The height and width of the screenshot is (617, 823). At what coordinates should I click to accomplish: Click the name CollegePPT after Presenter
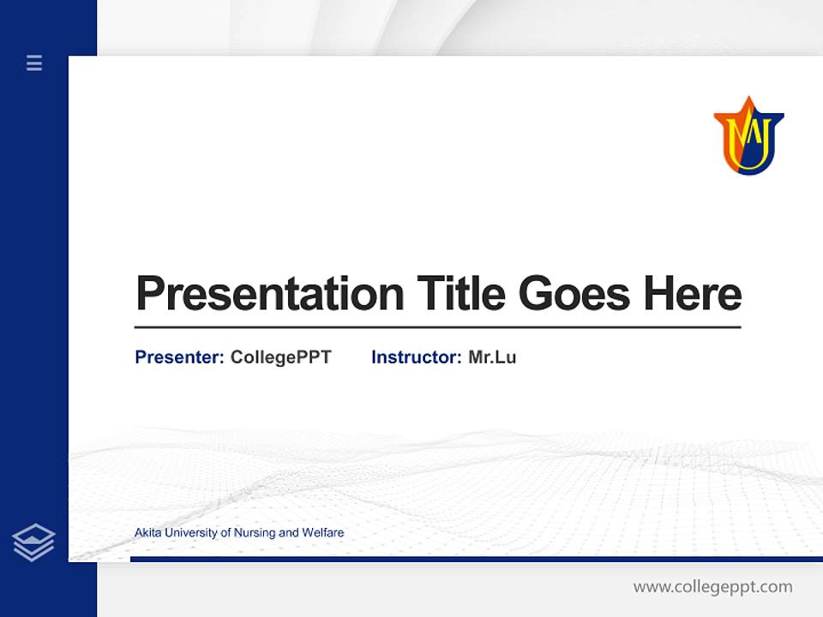coord(280,357)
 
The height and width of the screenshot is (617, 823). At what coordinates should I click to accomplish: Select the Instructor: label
coord(416,357)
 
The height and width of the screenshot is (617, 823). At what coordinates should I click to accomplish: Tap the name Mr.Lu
coord(492,357)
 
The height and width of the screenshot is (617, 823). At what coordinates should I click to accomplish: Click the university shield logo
coord(748,137)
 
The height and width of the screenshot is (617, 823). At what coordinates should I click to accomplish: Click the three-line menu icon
coord(34,63)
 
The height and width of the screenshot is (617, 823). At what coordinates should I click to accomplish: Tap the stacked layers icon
coord(33,542)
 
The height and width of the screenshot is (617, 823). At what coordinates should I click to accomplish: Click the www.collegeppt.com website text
coord(712,587)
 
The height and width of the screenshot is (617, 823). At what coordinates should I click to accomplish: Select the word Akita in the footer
coord(147,533)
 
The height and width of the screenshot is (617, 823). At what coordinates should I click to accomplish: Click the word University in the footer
coord(191,533)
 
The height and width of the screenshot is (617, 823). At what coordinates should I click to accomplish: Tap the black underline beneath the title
coord(437,327)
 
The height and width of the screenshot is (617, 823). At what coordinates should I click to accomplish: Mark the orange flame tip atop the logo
coord(748,102)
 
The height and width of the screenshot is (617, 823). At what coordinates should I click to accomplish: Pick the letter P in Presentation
coord(149,295)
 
